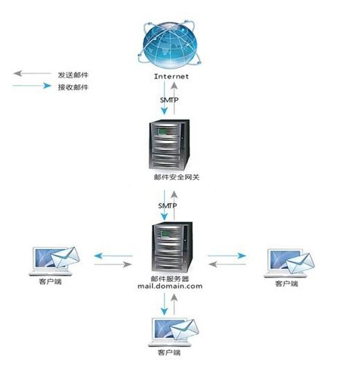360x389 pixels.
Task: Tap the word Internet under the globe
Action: (172, 76)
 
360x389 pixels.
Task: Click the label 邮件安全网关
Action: (175, 177)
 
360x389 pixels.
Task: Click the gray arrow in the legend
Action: (32, 74)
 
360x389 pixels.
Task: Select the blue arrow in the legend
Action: (32, 87)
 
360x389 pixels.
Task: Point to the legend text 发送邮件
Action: (74, 74)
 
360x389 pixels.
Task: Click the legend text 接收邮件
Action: (74, 87)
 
